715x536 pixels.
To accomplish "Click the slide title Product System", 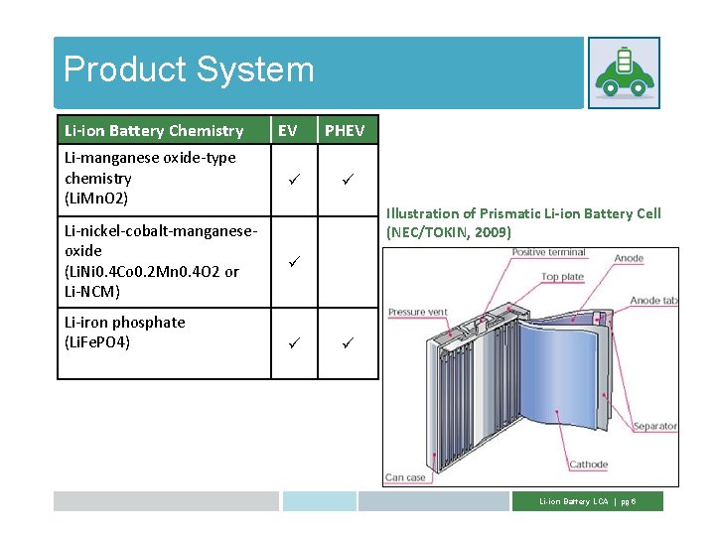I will click(189, 69).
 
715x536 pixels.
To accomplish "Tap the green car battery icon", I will click(624, 72).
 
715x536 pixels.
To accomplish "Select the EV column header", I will click(287, 130).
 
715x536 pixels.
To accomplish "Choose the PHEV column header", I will click(345, 130).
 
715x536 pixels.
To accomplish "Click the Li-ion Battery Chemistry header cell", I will click(154, 130).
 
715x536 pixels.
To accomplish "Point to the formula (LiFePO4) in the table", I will click(97, 342).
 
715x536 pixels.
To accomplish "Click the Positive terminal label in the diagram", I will click(549, 253).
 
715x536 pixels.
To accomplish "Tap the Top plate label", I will click(563, 277).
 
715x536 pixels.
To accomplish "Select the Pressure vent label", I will click(418, 313).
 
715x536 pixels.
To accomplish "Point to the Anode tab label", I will click(653, 301).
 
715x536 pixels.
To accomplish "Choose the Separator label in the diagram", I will click(654, 427).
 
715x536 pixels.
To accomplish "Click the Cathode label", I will click(589, 465).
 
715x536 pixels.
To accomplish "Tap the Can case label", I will click(405, 477).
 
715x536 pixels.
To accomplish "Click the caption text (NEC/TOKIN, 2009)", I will click(449, 232).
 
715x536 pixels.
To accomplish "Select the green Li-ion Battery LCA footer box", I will click(587, 501).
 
